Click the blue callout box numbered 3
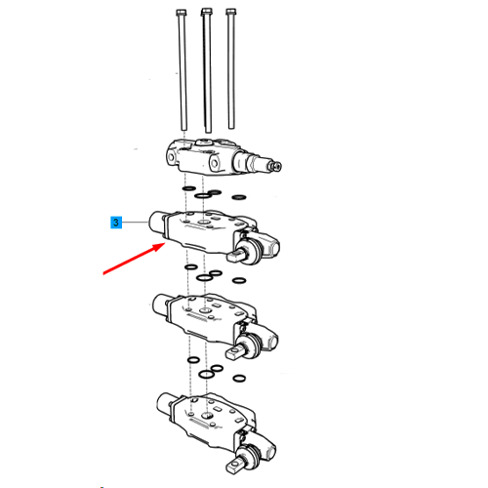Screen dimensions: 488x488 tap(116, 223)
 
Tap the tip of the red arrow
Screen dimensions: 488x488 tap(164, 244)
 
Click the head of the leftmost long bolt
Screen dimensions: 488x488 tap(182, 13)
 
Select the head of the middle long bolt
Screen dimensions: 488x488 tap(206, 12)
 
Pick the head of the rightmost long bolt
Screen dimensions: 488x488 tap(230, 12)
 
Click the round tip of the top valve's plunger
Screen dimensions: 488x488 tap(277, 167)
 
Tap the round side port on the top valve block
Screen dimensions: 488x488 tap(214, 162)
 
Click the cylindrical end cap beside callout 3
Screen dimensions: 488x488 tap(157, 222)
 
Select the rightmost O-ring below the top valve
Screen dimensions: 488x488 tap(239, 197)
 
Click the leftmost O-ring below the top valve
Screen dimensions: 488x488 tap(189, 188)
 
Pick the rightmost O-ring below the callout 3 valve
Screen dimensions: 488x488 tap(239, 280)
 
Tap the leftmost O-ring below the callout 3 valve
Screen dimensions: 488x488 tap(190, 267)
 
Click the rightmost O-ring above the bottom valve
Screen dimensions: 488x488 tap(239, 378)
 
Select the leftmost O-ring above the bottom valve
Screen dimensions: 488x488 tap(193, 360)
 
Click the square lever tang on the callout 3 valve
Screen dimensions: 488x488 tap(234, 256)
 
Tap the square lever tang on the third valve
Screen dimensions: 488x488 tap(233, 352)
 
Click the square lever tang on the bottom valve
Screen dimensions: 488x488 tap(234, 466)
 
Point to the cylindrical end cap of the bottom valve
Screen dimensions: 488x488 tap(165, 404)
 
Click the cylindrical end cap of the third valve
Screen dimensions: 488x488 tap(160, 305)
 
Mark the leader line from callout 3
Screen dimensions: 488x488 tap(136, 223)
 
